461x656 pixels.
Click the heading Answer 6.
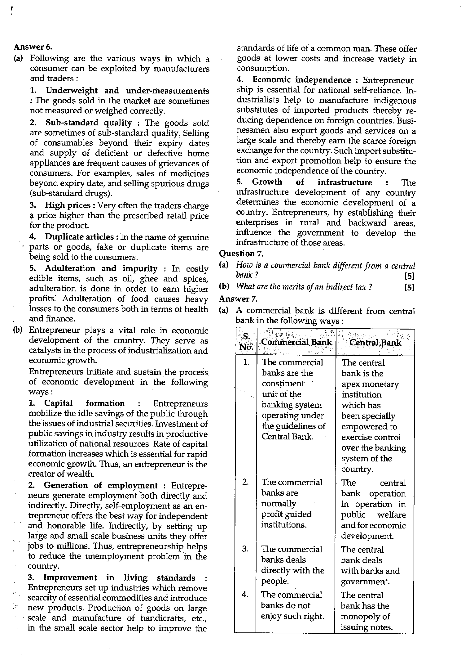point(33,47)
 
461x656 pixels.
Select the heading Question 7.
point(241,254)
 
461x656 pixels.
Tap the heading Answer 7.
point(238,299)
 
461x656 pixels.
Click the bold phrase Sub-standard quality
point(89,123)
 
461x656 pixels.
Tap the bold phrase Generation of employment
point(101,485)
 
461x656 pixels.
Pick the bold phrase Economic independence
point(302,80)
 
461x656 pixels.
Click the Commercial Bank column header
point(296,342)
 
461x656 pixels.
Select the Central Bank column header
point(375,343)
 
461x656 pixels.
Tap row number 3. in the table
point(245,549)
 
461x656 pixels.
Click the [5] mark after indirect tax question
point(409,287)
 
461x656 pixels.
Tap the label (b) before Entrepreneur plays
point(18,330)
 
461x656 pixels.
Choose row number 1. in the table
point(246,362)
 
